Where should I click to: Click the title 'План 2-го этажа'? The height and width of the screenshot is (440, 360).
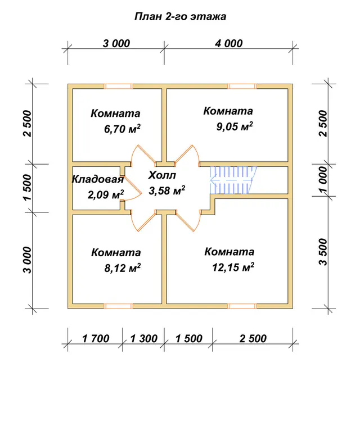(180, 16)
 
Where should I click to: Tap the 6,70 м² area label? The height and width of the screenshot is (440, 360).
(122, 129)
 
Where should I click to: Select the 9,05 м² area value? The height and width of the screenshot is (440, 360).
(235, 126)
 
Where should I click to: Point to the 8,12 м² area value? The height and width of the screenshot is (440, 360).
(123, 268)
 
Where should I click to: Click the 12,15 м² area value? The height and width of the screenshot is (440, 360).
(233, 267)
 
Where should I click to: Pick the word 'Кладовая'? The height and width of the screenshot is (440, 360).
(98, 179)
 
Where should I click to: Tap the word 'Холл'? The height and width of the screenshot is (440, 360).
(162, 175)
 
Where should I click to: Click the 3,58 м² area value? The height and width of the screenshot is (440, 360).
(167, 190)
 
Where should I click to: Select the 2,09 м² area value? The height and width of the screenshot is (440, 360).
(106, 194)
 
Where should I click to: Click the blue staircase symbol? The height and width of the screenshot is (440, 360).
(233, 180)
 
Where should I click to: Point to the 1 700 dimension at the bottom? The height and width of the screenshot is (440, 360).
(96, 338)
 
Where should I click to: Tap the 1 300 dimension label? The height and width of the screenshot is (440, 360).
(144, 338)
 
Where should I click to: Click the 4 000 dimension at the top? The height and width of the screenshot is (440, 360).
(229, 43)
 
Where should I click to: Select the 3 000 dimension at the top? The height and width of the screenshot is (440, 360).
(116, 43)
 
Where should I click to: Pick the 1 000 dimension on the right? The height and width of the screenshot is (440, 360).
(323, 180)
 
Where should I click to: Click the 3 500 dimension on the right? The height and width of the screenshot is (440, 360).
(323, 252)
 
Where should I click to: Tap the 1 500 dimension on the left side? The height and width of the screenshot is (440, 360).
(28, 188)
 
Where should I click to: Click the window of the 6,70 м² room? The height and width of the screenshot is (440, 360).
(118, 86)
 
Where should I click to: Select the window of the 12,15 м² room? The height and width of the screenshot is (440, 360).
(242, 306)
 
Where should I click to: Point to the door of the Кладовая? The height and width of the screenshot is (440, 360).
(132, 188)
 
